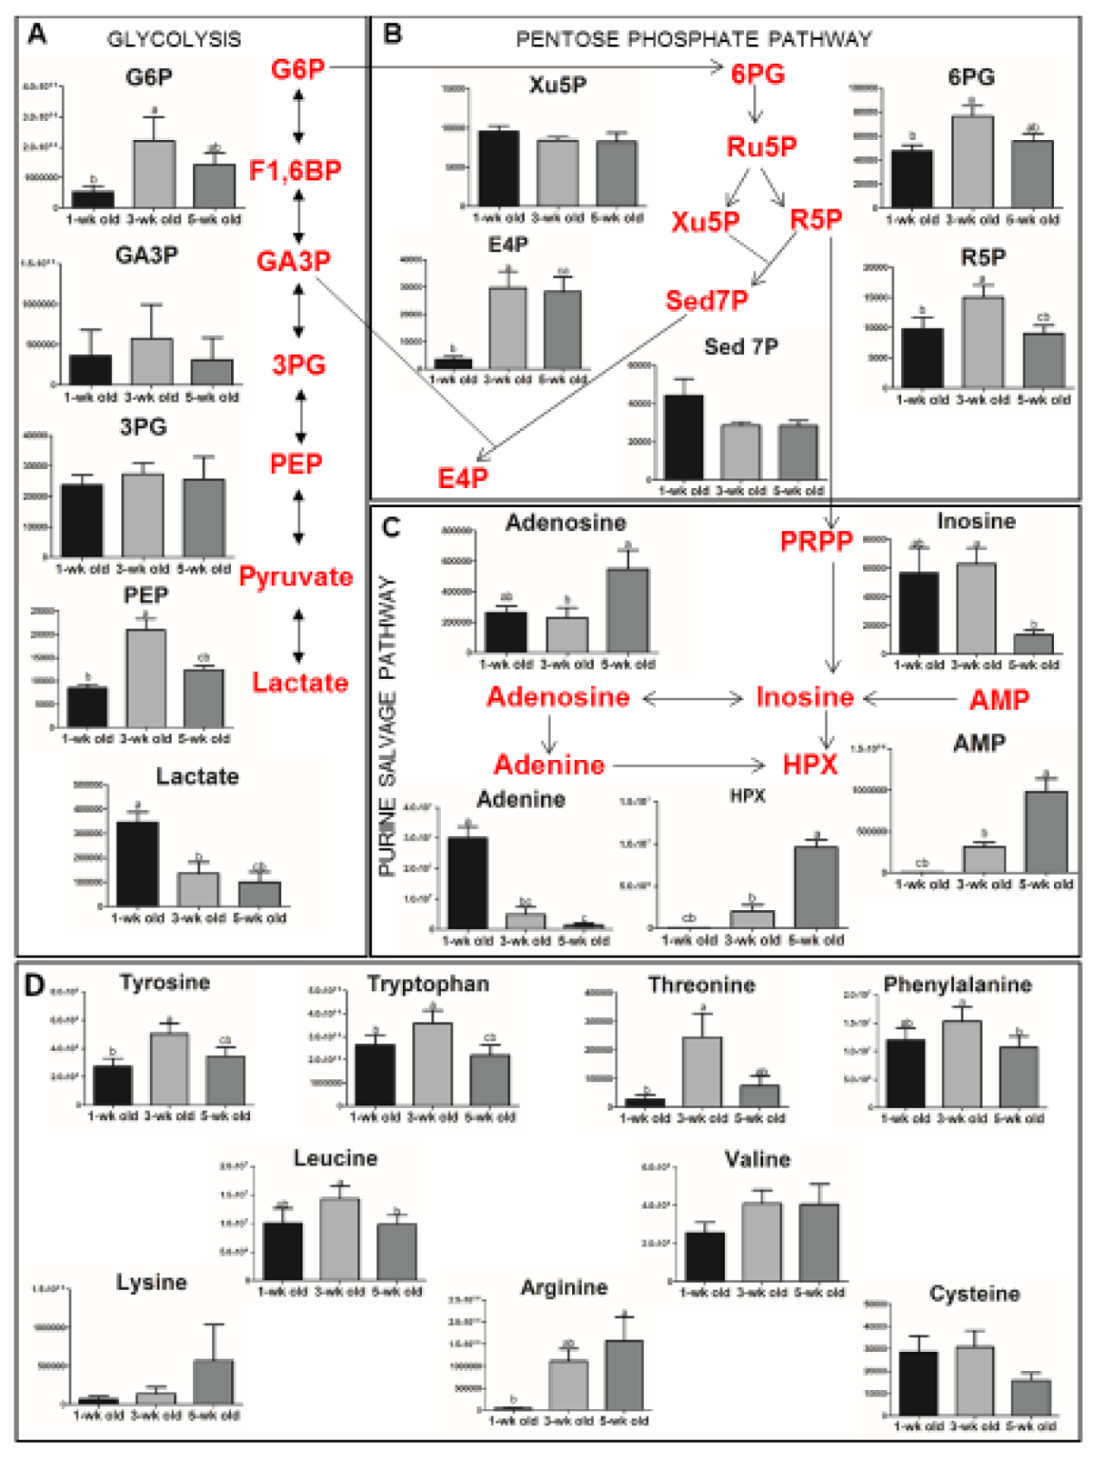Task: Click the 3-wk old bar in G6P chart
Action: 155,174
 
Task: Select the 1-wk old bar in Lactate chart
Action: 137,863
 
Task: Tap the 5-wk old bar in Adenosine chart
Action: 627,610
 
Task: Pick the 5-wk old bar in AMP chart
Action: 1047,832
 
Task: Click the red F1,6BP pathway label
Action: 296,170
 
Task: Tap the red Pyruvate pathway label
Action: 296,576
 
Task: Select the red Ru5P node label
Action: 761,146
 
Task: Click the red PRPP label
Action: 817,542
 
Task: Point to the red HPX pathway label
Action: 809,765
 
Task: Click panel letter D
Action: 34,985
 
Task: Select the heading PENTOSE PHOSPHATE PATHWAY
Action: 694,39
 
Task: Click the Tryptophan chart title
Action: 427,985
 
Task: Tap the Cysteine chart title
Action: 974,1294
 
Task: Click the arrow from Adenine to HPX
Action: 690,765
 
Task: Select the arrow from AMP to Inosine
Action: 912,698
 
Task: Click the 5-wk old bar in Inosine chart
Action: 1034,643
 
